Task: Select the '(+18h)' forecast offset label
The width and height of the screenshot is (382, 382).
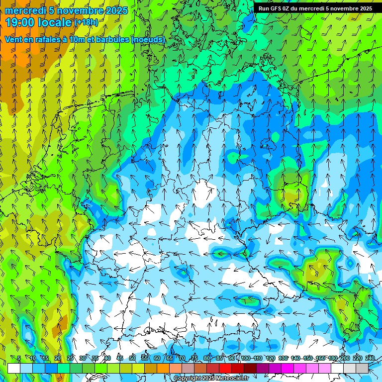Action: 86,22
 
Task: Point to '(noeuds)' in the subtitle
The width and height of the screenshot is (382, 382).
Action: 148,39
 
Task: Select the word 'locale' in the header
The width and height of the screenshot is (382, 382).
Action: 55,22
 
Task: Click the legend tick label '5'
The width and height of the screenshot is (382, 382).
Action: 19,358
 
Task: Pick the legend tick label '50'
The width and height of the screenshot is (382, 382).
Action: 132,358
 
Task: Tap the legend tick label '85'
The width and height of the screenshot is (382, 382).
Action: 219,358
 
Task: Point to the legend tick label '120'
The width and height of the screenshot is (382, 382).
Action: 270,358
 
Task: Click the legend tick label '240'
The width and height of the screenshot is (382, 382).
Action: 370,358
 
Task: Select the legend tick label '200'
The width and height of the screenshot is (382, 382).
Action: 345,358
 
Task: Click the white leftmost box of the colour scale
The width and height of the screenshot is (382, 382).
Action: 13,368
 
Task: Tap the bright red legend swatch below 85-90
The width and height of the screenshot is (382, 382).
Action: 226,368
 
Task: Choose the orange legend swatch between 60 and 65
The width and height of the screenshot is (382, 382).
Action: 163,368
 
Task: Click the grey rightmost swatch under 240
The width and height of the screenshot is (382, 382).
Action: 363,368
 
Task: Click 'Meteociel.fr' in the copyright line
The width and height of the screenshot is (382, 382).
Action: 230,379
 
